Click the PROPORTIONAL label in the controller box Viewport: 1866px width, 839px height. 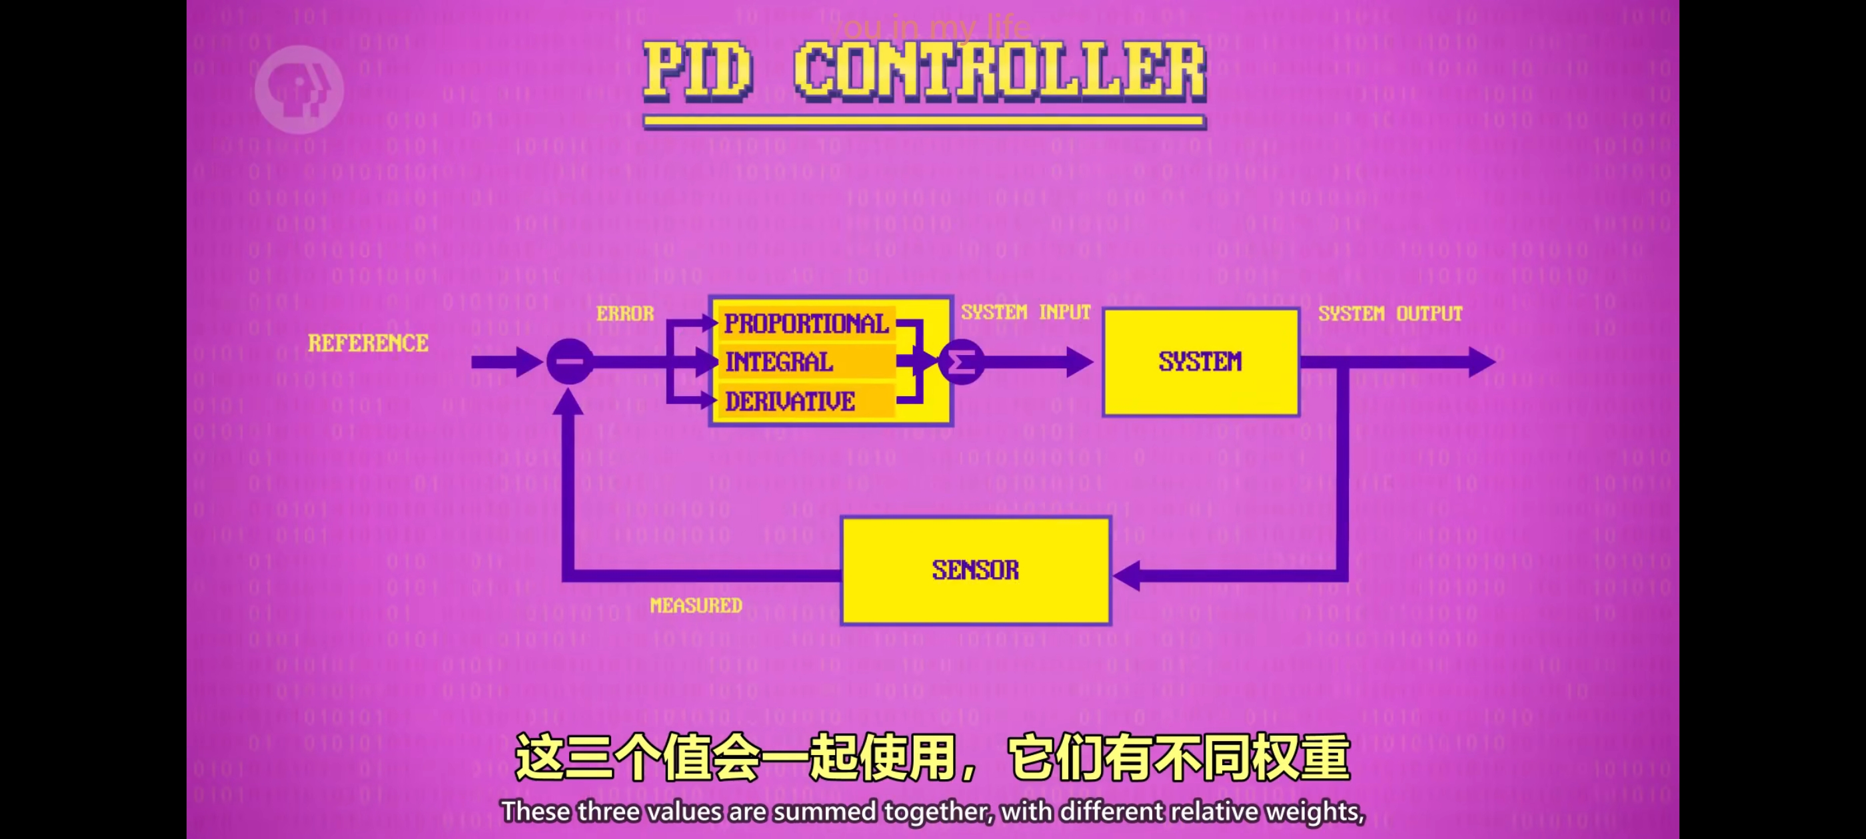(x=806, y=324)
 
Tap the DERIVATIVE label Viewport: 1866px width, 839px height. (x=790, y=401)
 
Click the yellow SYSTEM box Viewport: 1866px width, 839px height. (x=1200, y=362)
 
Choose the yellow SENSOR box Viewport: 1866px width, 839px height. (x=975, y=571)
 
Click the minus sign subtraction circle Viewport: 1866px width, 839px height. (x=569, y=361)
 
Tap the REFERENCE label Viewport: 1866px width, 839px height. (x=368, y=343)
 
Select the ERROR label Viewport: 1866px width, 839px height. (x=624, y=314)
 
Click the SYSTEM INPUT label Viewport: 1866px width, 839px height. (x=1025, y=312)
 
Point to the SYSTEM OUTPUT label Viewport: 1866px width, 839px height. (x=1390, y=314)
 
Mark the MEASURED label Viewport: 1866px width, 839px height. (x=695, y=605)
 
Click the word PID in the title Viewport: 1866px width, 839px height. (x=698, y=70)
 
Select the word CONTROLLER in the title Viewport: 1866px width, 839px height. (x=999, y=70)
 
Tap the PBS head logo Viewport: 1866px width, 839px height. (x=299, y=90)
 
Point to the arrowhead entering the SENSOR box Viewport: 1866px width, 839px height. (x=1127, y=575)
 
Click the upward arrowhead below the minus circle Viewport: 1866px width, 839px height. (x=568, y=402)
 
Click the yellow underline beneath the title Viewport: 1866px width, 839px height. (x=924, y=122)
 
